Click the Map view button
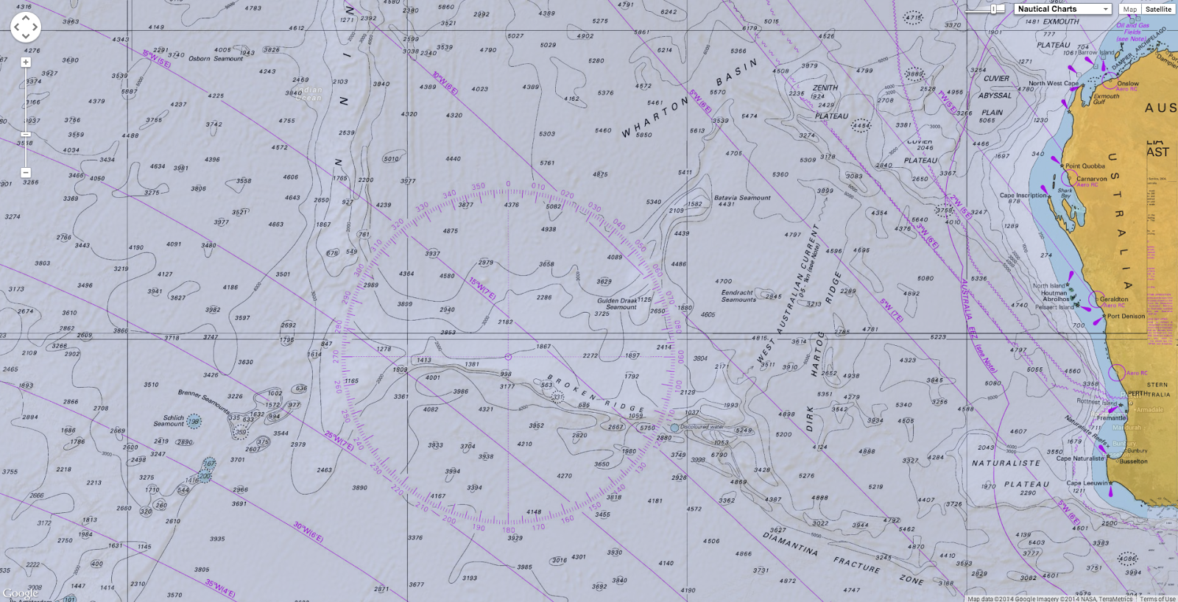tap(1129, 9)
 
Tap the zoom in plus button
tap(26, 63)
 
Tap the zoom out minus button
tap(26, 172)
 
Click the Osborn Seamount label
tap(216, 59)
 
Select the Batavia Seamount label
tap(742, 198)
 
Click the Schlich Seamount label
tap(174, 420)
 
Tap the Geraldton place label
tap(1114, 300)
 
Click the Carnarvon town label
tap(1091, 179)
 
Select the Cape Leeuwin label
tap(1087, 484)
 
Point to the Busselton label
tap(1133, 461)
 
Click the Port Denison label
tap(1126, 316)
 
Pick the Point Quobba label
tap(1084, 166)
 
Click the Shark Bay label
tap(1065, 193)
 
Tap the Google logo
tap(21, 593)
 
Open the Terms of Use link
tap(1157, 599)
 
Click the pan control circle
tap(26, 27)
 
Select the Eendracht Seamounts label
tap(738, 296)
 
